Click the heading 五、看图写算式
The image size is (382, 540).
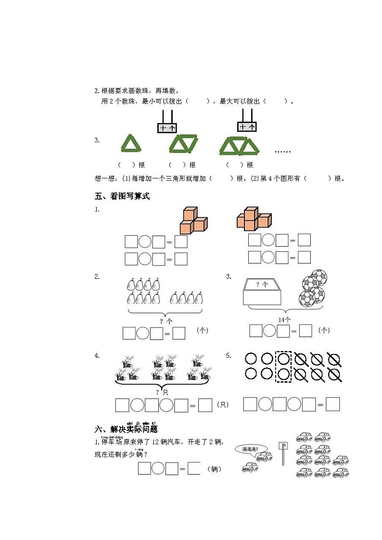pos(123,196)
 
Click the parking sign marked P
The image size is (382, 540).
pos(283,447)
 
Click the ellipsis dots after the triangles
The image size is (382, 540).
pos(283,151)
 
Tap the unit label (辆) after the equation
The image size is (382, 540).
pos(214,469)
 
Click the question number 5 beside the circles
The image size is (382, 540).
pos(229,355)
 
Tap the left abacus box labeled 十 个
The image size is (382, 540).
pos(167,127)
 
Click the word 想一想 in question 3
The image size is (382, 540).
pos(104,178)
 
